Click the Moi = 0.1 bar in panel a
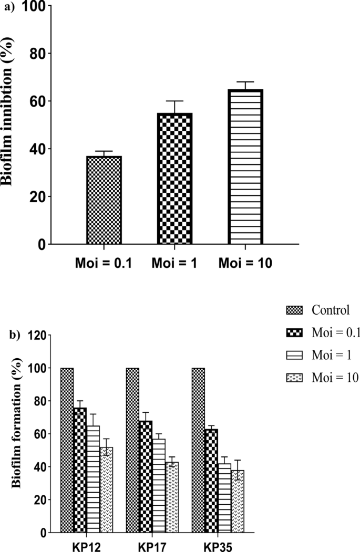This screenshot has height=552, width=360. [104, 200]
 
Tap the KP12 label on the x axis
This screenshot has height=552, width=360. [87, 545]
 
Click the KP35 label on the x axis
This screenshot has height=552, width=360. [218, 545]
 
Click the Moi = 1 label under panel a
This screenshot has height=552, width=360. [174, 263]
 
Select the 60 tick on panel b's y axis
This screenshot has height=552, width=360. [43, 434]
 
